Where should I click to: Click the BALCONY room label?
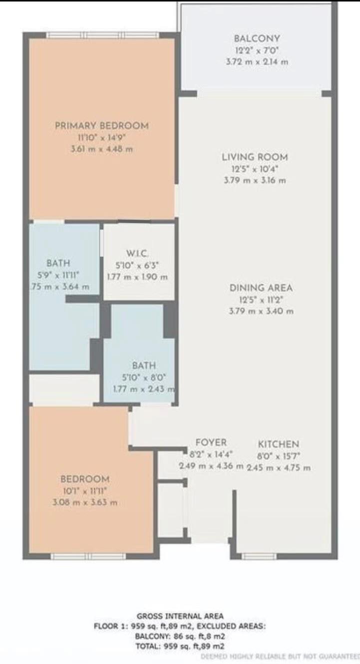click(257, 38)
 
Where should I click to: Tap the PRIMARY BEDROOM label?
click(102, 125)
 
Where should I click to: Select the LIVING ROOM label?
click(255, 157)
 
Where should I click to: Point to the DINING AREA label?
click(261, 288)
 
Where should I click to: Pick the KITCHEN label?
click(279, 444)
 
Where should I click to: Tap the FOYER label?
click(211, 442)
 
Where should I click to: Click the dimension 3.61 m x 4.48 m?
click(102, 149)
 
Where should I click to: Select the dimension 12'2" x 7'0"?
click(257, 50)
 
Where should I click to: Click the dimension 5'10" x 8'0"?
click(144, 378)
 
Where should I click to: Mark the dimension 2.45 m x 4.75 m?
click(279, 468)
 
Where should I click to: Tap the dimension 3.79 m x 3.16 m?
click(255, 180)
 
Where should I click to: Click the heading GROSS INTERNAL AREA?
click(180, 616)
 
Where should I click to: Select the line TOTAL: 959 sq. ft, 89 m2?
click(180, 646)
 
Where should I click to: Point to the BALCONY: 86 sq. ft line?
click(180, 636)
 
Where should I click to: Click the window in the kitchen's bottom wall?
click(259, 556)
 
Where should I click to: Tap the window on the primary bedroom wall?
click(102, 35)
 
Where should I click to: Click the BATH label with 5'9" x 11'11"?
click(58, 263)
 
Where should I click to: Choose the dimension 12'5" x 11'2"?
click(261, 300)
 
